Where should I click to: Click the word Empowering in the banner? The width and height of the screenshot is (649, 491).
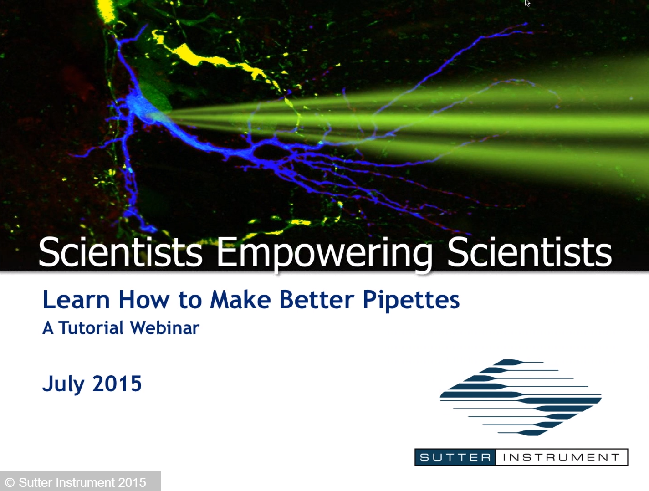click(324, 253)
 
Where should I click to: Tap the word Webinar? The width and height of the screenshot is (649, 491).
click(164, 328)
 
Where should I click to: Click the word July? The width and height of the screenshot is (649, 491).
click(63, 384)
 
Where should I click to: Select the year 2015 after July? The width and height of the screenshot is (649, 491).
click(117, 384)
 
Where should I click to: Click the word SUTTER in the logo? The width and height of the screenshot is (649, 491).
click(455, 457)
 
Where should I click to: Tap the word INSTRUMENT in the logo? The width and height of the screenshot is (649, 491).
click(561, 457)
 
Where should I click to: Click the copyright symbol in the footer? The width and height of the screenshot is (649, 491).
click(10, 482)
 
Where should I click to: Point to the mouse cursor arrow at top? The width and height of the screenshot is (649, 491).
click(527, 3)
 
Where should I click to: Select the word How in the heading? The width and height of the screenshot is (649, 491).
click(144, 300)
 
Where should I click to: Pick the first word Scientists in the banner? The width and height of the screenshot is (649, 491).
click(120, 253)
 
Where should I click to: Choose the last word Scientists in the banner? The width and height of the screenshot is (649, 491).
click(529, 253)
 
